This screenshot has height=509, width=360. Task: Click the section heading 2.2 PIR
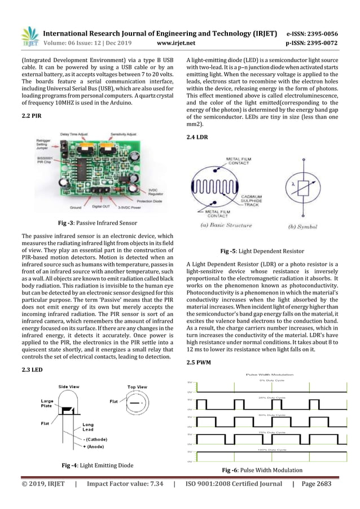30,115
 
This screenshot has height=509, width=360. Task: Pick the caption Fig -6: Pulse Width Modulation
262,470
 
